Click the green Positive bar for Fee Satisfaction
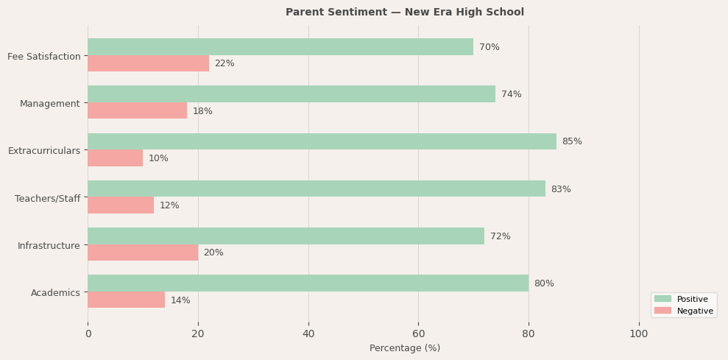[280, 47]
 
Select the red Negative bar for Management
[137, 111]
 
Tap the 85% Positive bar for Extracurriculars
[322, 141]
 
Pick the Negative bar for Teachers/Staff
[121, 205]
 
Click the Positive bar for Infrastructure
[286, 236]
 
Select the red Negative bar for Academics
[126, 300]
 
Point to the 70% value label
[489, 47]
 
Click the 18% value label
[202, 111]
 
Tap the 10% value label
[158, 158]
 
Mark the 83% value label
[560, 189]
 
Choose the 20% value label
[213, 253]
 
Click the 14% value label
[180, 300]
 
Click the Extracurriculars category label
[44, 151]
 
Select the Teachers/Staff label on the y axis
[47, 198]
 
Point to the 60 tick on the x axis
[418, 333]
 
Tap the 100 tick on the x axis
[638, 333]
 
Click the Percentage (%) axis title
[405, 348]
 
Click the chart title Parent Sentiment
[405, 13]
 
